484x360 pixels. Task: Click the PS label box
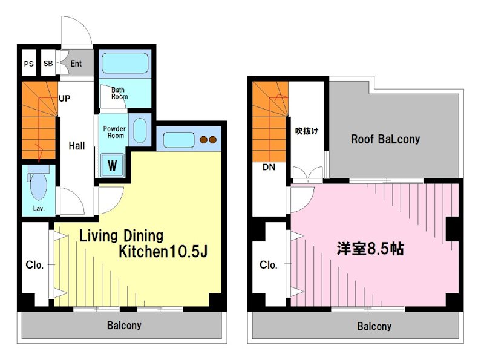[x=28, y=64]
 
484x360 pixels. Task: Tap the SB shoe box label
[x=48, y=64]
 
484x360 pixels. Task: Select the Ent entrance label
[x=76, y=64]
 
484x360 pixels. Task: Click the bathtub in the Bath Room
[x=125, y=63]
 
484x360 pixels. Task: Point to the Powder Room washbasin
[x=140, y=130]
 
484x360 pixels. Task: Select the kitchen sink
[x=178, y=140]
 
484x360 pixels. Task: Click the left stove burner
[x=203, y=140]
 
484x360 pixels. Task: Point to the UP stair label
[x=64, y=99]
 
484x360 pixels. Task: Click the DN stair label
[x=269, y=167]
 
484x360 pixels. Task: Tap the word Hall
[x=77, y=146]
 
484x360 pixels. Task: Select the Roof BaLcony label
[x=385, y=139]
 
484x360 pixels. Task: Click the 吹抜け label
[x=307, y=131]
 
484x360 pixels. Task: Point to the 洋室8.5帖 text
[x=370, y=249]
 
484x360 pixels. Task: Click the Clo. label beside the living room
[x=34, y=265]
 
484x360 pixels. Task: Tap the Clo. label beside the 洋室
[x=268, y=265]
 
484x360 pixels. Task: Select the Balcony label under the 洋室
[x=374, y=326]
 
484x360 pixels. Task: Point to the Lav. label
[x=39, y=208]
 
